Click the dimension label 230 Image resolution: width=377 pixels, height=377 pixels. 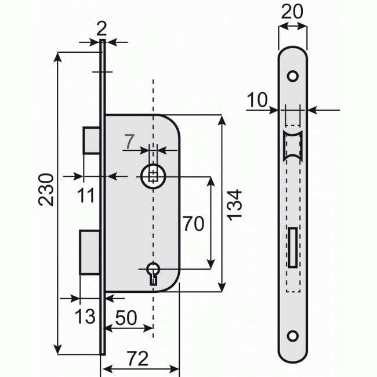46,190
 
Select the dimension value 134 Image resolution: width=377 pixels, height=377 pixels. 234,205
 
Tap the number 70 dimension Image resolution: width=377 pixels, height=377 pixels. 194,224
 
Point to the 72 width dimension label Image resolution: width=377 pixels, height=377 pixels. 137,358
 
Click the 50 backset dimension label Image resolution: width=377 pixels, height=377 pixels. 126,318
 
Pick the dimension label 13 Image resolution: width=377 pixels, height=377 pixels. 85,316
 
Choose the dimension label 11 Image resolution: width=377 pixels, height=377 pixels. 86,195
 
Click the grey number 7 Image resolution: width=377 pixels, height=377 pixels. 129,142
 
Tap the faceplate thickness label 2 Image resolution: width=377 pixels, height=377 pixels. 101,29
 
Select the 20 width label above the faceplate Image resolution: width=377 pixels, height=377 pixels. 292,12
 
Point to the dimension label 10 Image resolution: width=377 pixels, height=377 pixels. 257,100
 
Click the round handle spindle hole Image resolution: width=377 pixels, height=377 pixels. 153,176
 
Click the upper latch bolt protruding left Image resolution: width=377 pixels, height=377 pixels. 92,140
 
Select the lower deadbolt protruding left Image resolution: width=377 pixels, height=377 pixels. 90,252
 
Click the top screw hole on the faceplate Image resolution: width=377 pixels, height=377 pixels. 293,76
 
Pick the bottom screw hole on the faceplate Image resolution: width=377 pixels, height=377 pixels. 293,336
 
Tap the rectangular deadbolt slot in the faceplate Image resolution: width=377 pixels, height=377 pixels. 293,248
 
